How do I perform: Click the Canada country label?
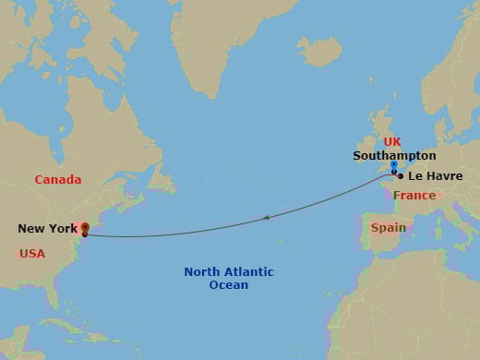[58, 180]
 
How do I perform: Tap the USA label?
[32, 253]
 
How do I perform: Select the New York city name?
[46, 229]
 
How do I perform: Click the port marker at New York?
[85, 227]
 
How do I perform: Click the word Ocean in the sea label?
[229, 286]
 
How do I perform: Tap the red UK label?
[392, 142]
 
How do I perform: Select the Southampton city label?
[394, 156]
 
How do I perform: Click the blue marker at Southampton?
[393, 167]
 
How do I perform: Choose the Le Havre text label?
[436, 175]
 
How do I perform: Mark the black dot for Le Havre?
[400, 175]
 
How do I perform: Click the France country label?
[414, 196]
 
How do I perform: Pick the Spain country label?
[388, 227]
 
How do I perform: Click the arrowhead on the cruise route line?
[266, 218]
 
